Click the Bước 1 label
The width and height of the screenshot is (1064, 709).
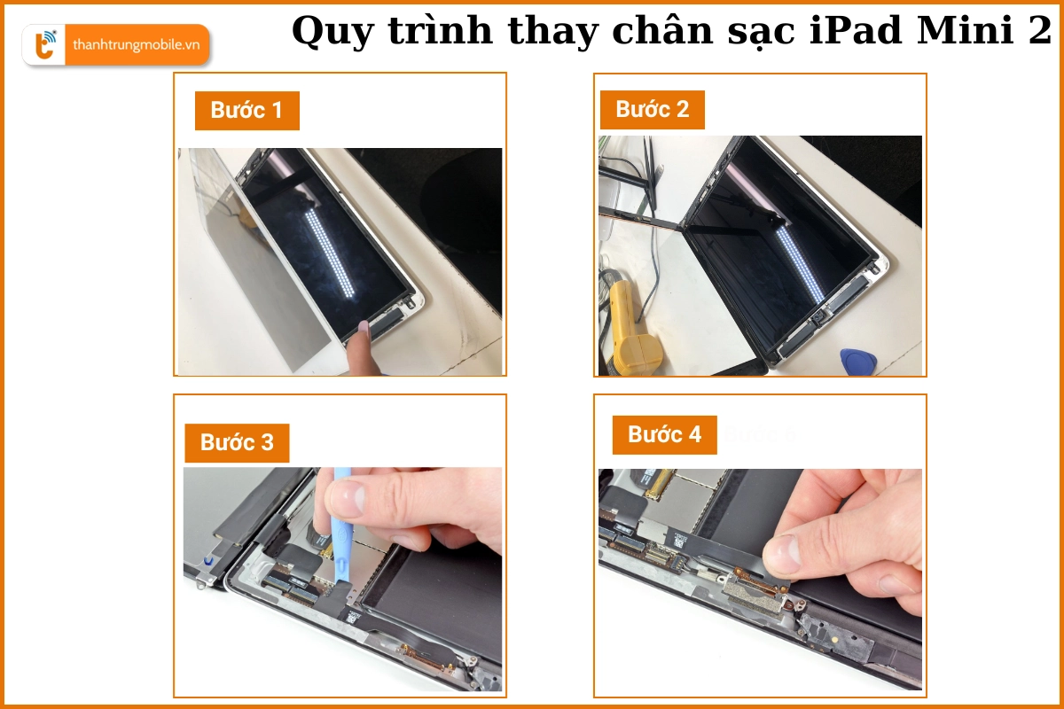coord(246,111)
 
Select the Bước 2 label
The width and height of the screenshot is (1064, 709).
coord(652,110)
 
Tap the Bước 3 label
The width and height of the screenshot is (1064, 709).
coord(237,442)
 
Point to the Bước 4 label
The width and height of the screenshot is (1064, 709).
coord(664,434)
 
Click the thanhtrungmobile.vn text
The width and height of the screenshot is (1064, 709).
coord(136,45)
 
